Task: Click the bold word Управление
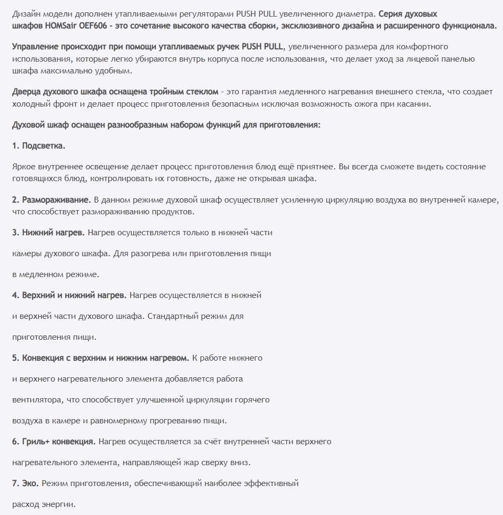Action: [36, 47]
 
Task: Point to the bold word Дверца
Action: [27, 92]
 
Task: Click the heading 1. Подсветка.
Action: [39, 146]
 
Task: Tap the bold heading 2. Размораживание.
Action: [51, 200]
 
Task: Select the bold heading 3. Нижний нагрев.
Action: [48, 233]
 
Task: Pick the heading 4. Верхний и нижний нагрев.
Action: [69, 295]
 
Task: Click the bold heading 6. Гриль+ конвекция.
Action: [54, 442]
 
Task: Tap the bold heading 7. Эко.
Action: [25, 483]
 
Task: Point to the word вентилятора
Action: [36, 400]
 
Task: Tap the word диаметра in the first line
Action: [361, 14]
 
